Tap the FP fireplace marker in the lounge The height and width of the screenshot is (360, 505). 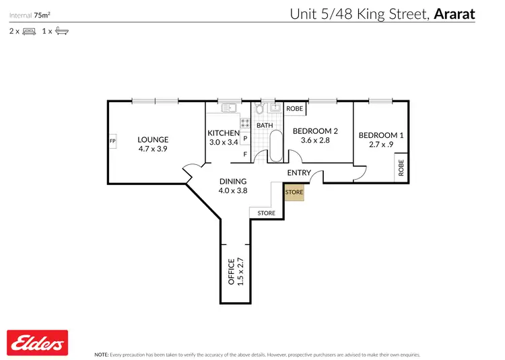(112, 141)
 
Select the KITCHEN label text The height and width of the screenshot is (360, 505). (224, 133)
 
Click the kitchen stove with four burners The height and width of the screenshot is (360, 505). (245, 124)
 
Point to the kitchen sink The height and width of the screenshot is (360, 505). (226, 106)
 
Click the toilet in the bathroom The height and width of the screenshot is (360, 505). (260, 110)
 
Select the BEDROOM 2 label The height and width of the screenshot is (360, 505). (314, 131)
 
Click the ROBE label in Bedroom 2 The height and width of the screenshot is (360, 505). (294, 108)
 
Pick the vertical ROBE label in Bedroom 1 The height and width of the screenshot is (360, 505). (401, 168)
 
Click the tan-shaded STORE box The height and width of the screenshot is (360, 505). (294, 192)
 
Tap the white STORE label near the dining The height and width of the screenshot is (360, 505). (266, 213)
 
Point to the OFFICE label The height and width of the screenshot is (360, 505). (231, 272)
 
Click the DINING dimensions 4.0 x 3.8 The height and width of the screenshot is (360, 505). (233, 190)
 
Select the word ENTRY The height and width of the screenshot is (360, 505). (299, 173)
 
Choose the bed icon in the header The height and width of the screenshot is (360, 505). (29, 31)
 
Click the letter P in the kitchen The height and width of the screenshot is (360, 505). (245, 139)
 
